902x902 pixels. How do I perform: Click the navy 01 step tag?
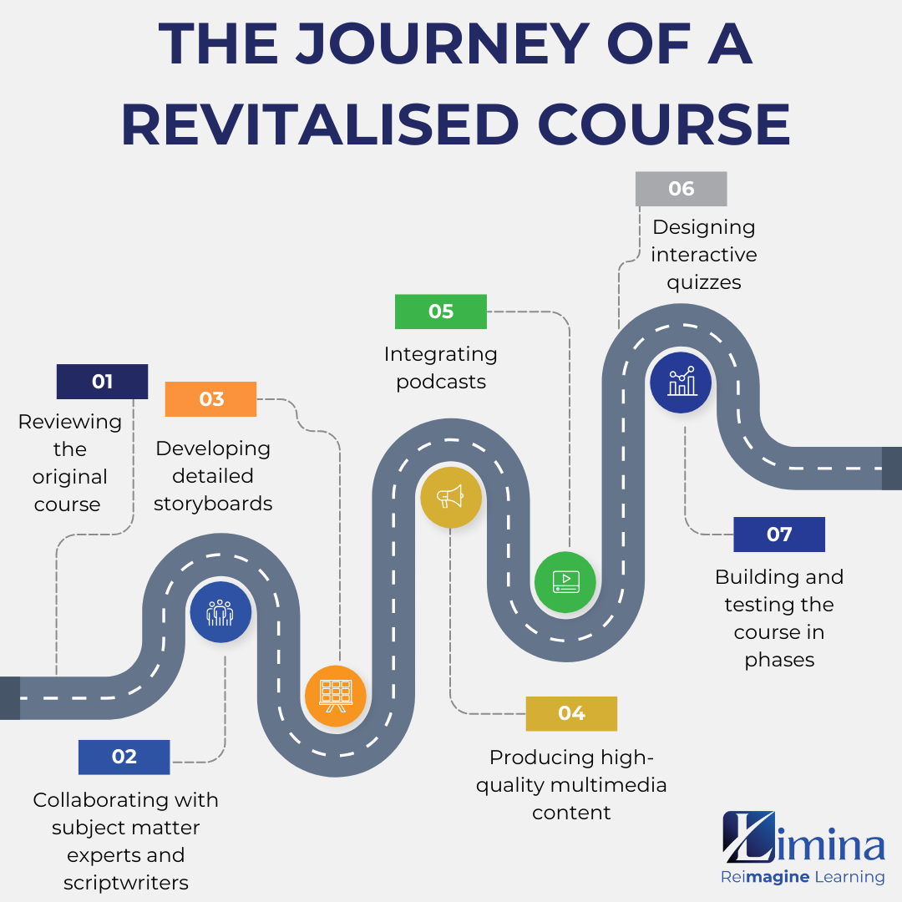(102, 382)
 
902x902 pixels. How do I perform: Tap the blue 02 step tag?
(124, 757)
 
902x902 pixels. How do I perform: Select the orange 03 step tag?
(211, 399)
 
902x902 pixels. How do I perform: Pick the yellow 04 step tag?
(571, 713)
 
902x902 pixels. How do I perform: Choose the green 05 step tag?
(440, 312)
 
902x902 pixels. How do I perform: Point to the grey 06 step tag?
(681, 189)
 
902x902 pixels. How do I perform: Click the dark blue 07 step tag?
(778, 535)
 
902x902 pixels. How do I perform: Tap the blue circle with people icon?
(220, 612)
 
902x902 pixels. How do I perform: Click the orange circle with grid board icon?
(336, 696)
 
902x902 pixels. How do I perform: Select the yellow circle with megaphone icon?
(450, 497)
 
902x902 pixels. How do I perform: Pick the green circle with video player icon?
(565, 582)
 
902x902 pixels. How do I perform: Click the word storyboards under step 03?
(213, 504)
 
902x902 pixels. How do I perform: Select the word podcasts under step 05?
(441, 382)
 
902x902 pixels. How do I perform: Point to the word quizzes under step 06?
(703, 282)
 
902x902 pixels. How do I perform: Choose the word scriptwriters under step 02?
(126, 883)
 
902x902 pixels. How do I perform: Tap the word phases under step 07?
(779, 660)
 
